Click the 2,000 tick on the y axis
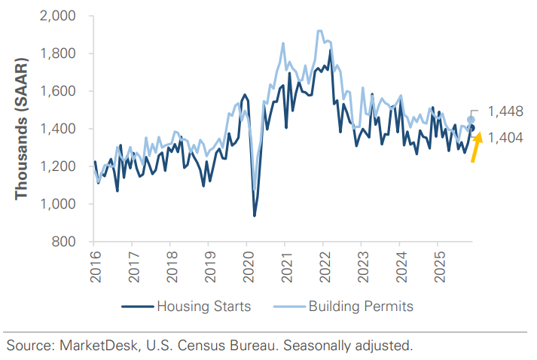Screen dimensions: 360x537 pyautogui.click(x=64, y=16)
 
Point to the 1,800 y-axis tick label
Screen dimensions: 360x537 pyautogui.click(x=64, y=53)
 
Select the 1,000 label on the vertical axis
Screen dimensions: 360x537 pyautogui.click(x=64, y=204)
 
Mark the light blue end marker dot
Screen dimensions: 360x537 pyautogui.click(x=471, y=120)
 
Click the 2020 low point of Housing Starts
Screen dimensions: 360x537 pyautogui.click(x=254, y=215)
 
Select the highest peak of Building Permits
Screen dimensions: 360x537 pyautogui.click(x=320, y=31)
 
